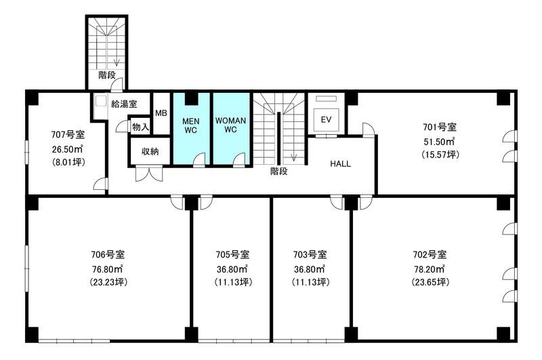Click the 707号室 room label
[x=68, y=134]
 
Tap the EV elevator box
[x=326, y=119]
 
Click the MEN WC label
[x=191, y=125]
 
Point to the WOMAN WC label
[x=230, y=125]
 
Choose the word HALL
[x=341, y=164]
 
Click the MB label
[x=161, y=113]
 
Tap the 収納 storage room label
[x=150, y=151]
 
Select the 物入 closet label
[x=140, y=127]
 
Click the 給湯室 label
[x=124, y=104]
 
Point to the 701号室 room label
[x=440, y=127]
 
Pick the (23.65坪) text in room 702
[x=430, y=282]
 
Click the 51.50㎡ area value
[x=439, y=141]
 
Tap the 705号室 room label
[x=232, y=254]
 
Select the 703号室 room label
[x=310, y=254]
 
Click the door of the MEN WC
[x=199, y=161]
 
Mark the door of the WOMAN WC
[x=239, y=161]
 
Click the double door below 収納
[x=148, y=174]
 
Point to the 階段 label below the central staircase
[x=279, y=172]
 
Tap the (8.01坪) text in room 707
[x=68, y=162]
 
